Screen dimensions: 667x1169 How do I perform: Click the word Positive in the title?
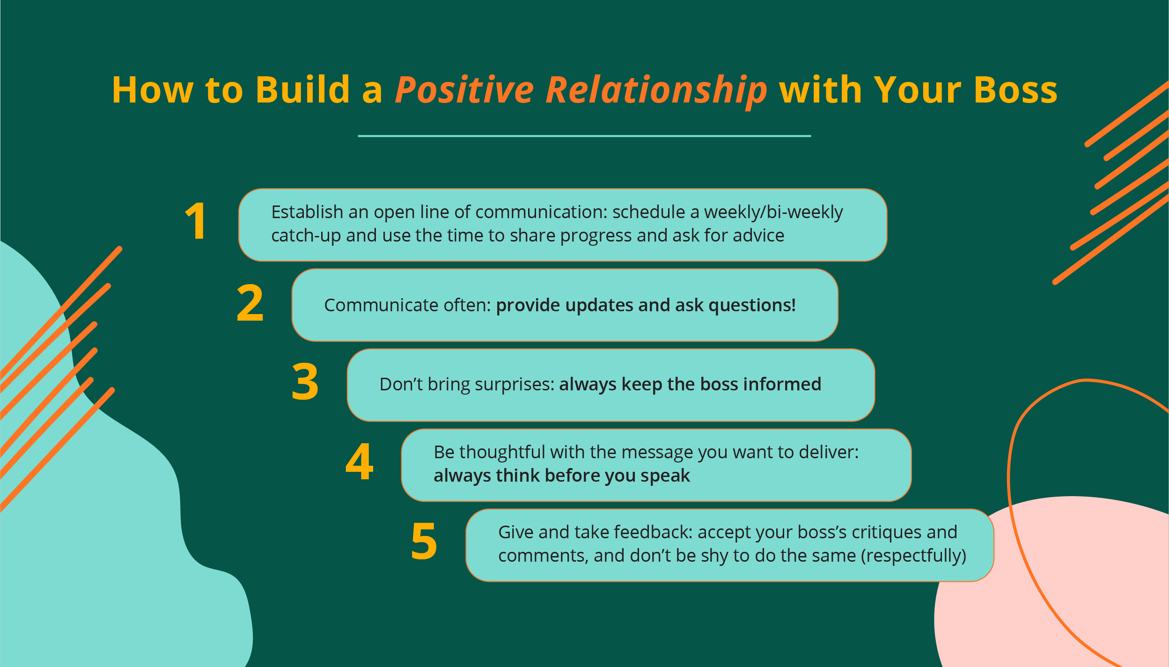(464, 90)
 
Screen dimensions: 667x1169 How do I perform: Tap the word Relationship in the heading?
(656, 91)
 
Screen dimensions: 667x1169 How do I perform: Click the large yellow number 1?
(196, 221)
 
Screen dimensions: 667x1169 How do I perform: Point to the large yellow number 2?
(250, 303)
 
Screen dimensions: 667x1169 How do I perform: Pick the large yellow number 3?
(305, 382)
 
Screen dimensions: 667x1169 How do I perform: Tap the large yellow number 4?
(359, 462)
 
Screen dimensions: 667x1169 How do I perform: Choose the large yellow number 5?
(424, 542)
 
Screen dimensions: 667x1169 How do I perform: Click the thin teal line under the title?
(584, 136)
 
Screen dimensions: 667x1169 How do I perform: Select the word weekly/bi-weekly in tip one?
(773, 213)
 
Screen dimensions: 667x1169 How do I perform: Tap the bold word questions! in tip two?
(752, 306)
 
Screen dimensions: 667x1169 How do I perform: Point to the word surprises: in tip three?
(514, 385)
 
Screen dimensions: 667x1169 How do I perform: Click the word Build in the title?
(302, 90)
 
